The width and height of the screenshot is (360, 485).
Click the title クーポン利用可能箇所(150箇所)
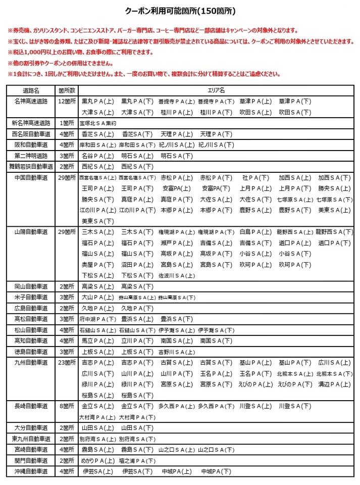point(180,10)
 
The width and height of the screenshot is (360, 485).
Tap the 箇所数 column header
point(67,90)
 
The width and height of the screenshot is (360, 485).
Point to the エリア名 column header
point(217,90)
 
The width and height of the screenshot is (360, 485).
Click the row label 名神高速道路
point(31,101)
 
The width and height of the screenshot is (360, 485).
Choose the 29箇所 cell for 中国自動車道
point(67,177)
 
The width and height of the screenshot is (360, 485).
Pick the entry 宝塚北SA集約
point(98,123)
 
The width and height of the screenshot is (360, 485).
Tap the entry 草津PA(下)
point(295,101)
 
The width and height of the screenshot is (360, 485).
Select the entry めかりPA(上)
point(97,460)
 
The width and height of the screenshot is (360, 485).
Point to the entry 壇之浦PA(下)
point(137,460)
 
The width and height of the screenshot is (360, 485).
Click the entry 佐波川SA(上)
point(176,275)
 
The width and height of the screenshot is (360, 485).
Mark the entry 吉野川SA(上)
point(176,352)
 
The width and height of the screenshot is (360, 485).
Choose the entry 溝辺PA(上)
point(334,384)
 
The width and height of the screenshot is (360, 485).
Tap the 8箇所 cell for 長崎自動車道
point(67,406)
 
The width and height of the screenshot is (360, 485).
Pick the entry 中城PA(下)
point(216,471)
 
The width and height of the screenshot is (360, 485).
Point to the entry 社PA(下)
point(255,177)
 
